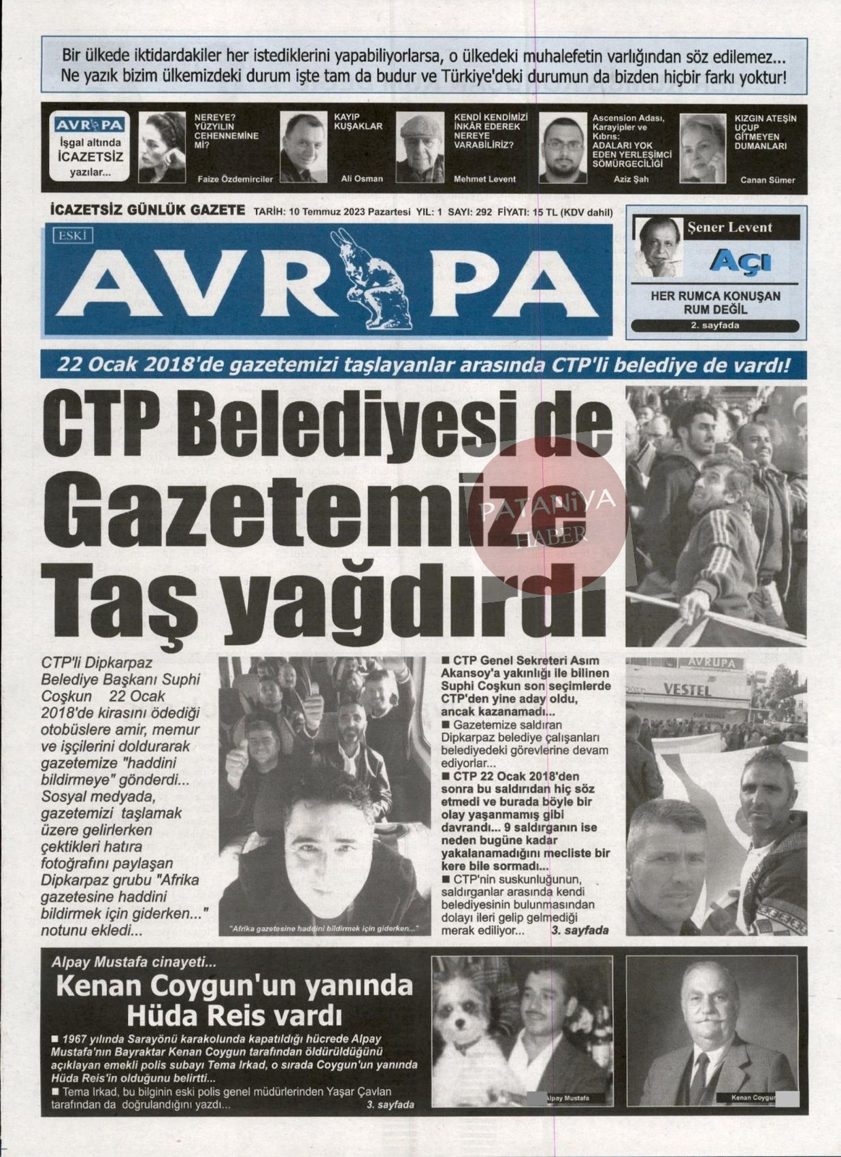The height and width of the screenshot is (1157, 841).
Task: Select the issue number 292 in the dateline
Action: coord(484,212)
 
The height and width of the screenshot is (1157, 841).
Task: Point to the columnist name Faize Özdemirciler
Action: coord(234,179)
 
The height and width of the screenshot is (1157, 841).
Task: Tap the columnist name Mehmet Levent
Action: coord(484,179)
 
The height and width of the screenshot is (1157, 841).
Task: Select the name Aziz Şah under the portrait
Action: coord(630,179)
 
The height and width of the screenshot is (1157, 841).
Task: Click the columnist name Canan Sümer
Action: coord(768,180)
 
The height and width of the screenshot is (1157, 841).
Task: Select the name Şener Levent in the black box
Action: coord(730,227)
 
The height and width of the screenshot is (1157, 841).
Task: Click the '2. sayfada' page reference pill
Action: coord(714,325)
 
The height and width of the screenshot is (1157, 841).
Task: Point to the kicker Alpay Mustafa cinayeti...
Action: coord(133,962)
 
